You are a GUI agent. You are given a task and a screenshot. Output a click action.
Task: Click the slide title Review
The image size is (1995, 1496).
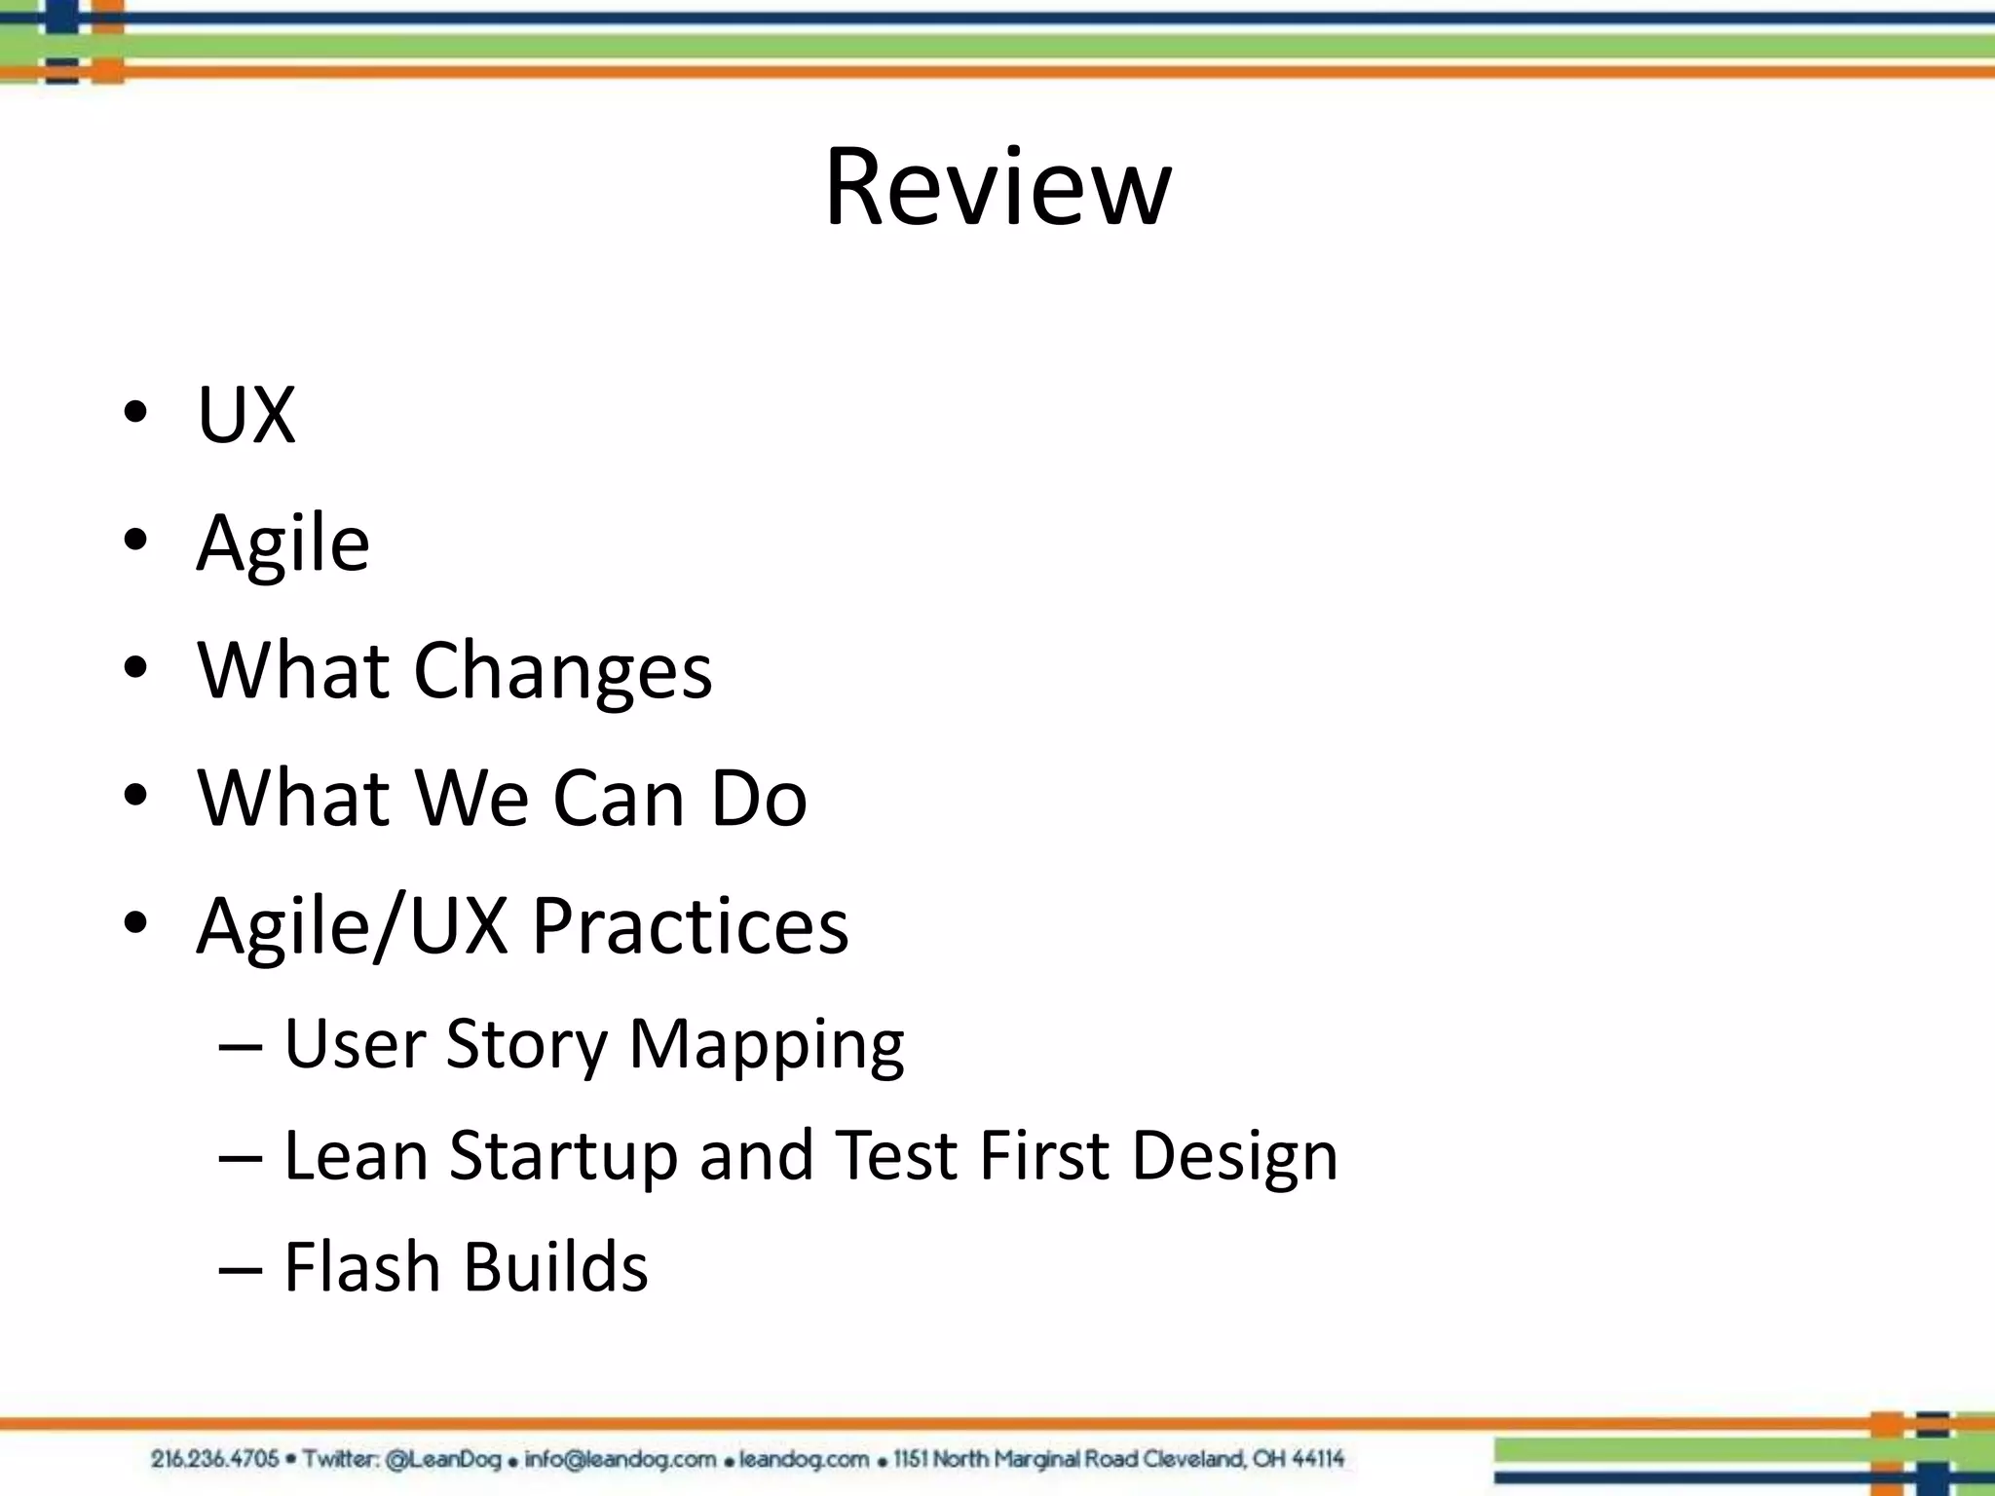(997, 187)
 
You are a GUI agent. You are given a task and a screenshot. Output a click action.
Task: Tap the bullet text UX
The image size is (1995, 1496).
(245, 416)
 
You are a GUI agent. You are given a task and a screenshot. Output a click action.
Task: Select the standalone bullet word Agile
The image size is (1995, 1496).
(282, 543)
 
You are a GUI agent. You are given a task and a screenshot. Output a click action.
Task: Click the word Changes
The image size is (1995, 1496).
(563, 672)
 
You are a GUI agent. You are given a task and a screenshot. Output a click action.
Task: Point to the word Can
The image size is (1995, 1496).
(619, 799)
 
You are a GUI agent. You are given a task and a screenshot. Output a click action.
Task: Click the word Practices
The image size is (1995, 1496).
(690, 925)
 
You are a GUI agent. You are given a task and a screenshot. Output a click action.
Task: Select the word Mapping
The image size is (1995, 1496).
(767, 1045)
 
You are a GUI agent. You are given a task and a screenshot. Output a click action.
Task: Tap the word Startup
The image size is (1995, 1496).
(562, 1157)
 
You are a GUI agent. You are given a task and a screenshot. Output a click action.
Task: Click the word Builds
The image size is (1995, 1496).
(555, 1267)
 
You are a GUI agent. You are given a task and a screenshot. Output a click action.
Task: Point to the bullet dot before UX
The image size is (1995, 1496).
(135, 413)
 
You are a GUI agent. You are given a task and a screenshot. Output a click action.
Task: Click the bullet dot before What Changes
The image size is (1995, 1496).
(135, 668)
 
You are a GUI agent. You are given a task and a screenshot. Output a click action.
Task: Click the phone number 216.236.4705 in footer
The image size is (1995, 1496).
(214, 1459)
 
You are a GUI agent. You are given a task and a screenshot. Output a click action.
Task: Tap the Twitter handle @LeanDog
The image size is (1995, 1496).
(443, 1459)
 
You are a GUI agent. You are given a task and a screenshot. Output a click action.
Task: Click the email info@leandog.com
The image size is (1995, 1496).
(620, 1459)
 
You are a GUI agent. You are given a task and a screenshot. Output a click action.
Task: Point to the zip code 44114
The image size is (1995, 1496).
(1318, 1459)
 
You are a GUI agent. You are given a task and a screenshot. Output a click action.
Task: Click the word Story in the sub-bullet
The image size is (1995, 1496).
(527, 1045)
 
